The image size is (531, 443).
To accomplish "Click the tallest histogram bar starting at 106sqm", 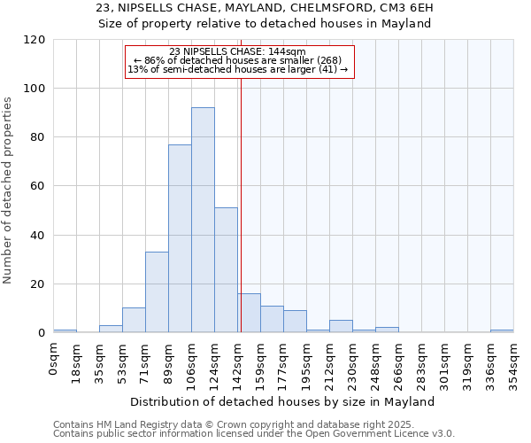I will point(203,220).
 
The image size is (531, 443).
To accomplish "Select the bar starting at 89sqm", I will point(180,238).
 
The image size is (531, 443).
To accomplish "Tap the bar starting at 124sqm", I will point(226,270).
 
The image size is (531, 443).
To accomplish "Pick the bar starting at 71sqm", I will point(157,292).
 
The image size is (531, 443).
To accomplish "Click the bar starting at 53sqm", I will point(134,321).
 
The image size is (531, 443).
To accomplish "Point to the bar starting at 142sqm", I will point(249,314).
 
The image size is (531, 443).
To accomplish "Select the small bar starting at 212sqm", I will point(341,327).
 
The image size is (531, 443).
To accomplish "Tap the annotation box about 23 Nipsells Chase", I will point(239,61).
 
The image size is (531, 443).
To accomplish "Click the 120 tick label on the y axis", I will point(35,40).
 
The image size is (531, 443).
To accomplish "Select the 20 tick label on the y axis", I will point(38,284).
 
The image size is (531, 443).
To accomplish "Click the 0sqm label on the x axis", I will point(54,356).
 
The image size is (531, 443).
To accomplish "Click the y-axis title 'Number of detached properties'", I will point(9,190).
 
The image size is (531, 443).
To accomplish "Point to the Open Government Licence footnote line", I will point(254,433).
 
